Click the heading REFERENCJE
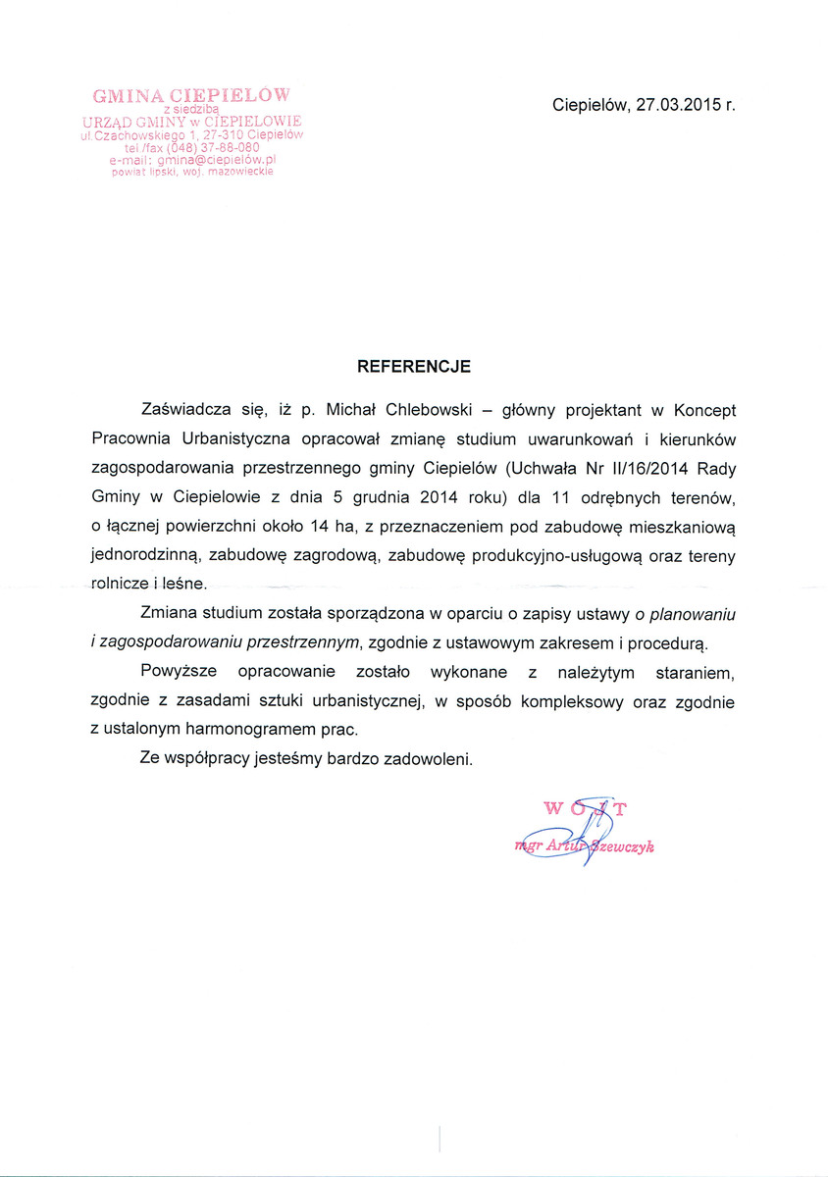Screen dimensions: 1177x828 click(413, 366)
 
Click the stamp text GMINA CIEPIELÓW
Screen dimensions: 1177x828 click(191, 95)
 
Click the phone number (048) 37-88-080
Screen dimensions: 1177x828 click(209, 147)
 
